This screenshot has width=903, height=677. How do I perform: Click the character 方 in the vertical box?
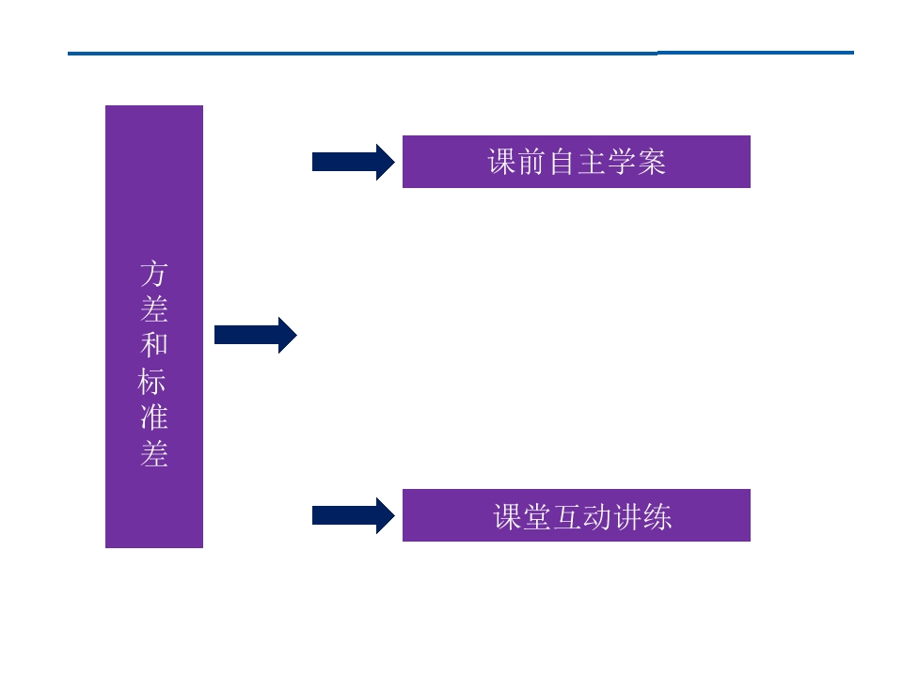coord(153,274)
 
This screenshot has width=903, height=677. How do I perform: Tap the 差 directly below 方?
coord(153,309)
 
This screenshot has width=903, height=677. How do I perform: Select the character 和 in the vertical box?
coord(153,345)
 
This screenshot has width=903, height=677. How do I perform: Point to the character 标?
coord(152,381)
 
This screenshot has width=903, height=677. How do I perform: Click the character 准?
coord(153,417)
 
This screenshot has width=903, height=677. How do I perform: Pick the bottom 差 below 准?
coord(153,453)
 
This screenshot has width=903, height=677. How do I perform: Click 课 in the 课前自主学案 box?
coord(501,162)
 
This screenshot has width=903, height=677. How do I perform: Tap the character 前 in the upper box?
coord(531,162)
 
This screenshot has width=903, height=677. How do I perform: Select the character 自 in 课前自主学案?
coord(562,162)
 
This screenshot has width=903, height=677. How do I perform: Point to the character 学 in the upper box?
coord(622,162)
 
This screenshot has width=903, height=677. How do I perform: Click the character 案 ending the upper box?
coord(652,162)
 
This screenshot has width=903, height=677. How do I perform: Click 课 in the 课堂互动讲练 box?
coord(507,516)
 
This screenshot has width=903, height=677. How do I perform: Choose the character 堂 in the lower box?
coord(537,516)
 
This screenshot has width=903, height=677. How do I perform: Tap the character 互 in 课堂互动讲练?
coord(568,516)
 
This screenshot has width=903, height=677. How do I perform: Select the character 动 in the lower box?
coord(598,516)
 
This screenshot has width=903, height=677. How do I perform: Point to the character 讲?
coord(627,516)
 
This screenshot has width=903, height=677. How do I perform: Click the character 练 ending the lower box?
coord(657,516)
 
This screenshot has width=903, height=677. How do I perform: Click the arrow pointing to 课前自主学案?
coord(354,162)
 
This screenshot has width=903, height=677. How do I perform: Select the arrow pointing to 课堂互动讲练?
coord(354,516)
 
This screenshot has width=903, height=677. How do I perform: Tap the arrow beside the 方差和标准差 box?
coord(256,335)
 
